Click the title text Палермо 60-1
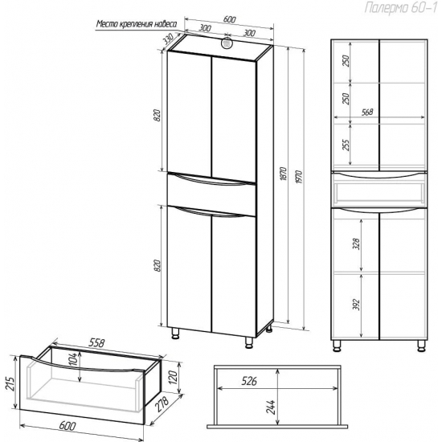pos(400,7)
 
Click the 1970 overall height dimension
pos(299,177)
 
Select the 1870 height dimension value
pos(284,174)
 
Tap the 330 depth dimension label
pos(169,41)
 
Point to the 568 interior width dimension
pos(367,113)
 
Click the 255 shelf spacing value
pos(346,145)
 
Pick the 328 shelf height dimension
pos(356,244)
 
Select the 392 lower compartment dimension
pos(356,305)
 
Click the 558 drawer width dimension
pos(96,342)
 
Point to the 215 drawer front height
pos(10,384)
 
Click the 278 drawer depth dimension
pos(162,404)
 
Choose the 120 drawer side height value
pos(173,377)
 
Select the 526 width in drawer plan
pos(249,381)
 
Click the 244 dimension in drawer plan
pos(270,407)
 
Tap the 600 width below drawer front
pos(68,426)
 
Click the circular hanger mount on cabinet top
pos(227,43)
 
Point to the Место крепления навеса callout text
pos(137,24)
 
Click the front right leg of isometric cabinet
pos(248,342)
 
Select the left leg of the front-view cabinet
pos(336,346)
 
